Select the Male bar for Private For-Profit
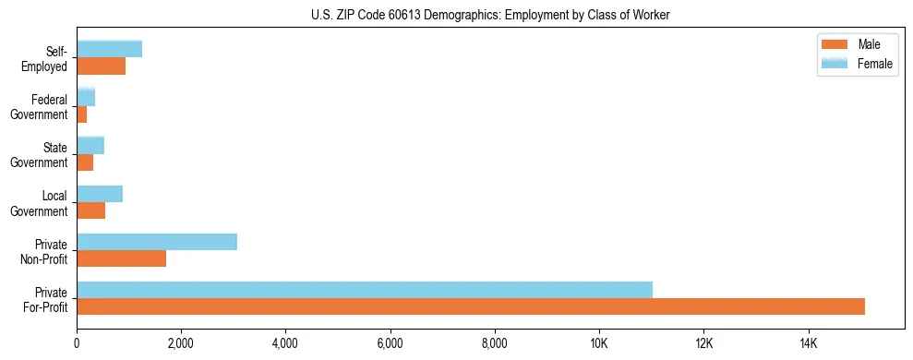[471, 306]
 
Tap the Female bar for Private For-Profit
[365, 289]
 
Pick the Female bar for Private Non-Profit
[157, 242]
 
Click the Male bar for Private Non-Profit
[122, 258]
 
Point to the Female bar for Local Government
[100, 194]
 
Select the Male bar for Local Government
[91, 210]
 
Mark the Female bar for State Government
[90, 145]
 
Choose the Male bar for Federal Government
[82, 114]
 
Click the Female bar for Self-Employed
[110, 49]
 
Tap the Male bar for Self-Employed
[102, 66]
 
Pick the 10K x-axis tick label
[599, 343]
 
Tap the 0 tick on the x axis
[78, 343]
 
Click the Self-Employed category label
[50, 58]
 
